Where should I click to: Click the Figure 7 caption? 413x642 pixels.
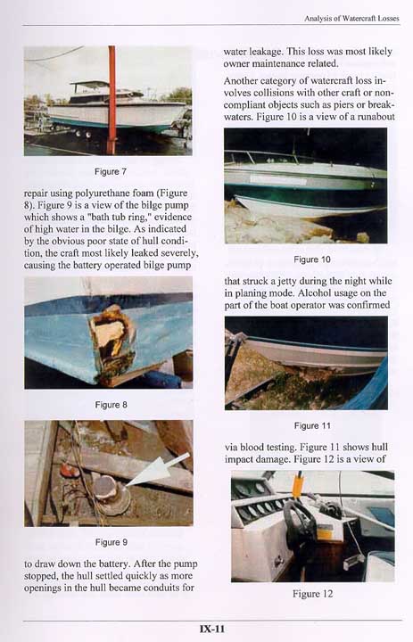111,171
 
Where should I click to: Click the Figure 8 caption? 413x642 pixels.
111,405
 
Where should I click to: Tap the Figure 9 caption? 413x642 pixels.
111,542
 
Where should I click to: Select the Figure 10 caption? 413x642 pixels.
312,259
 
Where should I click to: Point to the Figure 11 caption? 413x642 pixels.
312,426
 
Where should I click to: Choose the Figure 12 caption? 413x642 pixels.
312,594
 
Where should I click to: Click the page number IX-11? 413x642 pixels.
212,629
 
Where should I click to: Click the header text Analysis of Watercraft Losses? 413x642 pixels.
351,19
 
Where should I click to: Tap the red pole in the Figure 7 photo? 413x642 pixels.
112,100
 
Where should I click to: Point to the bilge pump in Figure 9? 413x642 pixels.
111,495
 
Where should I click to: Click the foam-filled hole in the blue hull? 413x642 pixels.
112,336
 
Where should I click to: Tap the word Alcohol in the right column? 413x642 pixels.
313,293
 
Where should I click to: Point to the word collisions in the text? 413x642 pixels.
277,93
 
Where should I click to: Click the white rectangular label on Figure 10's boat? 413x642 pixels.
278,179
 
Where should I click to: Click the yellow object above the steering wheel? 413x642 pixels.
298,487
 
